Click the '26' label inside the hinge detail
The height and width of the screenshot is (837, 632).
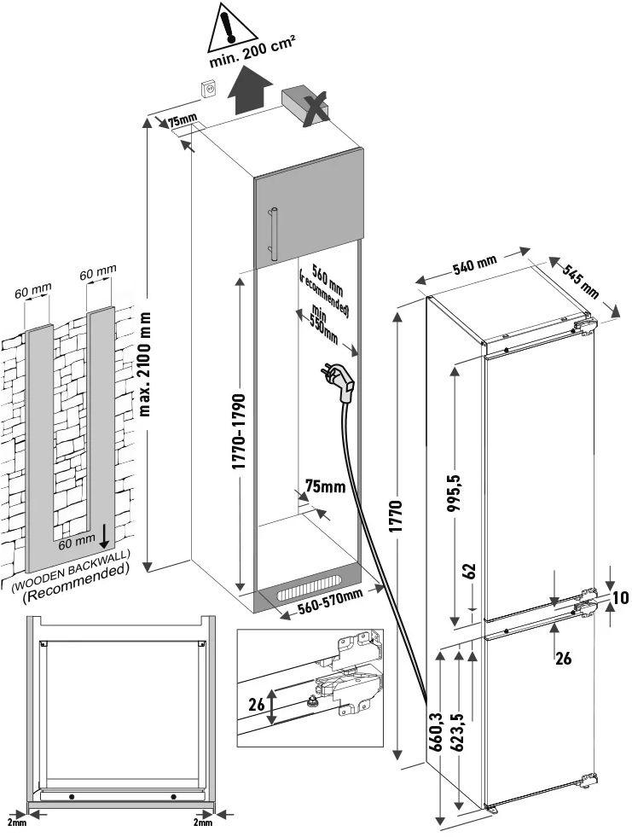[x=255, y=705]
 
